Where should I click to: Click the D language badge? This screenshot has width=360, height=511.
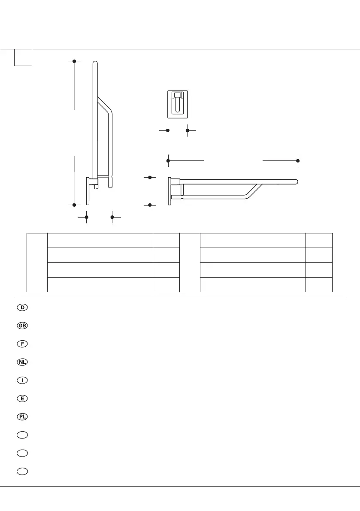pos(23,308)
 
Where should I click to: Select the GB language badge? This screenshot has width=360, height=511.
pos(23,326)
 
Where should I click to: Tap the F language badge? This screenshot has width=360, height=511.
pos(23,344)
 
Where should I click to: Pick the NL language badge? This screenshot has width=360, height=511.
pos(23,362)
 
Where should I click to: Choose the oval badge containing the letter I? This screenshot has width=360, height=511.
pos(23,380)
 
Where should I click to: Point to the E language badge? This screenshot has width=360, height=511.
pos(23,398)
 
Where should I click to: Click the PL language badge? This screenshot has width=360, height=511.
pos(23,417)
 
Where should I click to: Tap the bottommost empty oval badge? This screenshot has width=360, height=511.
pos(23,471)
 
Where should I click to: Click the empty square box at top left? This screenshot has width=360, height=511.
pos(23,57)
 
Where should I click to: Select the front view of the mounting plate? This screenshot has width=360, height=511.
pos(178,104)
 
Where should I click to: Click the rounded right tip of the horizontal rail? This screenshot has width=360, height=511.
pos(296,181)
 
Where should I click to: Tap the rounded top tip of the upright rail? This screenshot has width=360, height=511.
pos(95,64)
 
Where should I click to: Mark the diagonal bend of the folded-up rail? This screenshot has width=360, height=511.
pos(105,105)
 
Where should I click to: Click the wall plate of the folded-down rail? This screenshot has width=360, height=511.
pos(170,190)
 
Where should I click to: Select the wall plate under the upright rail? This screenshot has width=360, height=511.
pos(88,190)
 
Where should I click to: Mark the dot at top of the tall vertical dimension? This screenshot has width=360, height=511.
pos(74,61)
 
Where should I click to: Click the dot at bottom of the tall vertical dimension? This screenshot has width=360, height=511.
pos(74,205)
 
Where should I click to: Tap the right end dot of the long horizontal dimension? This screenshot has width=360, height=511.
pos(298,160)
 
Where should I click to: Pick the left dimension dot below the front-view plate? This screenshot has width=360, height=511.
pos(167,130)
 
